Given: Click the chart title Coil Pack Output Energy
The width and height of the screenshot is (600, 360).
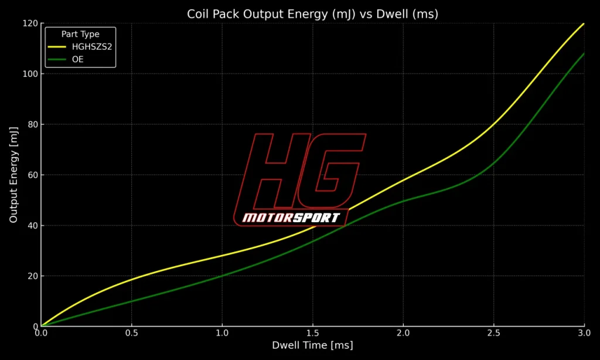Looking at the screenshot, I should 312,14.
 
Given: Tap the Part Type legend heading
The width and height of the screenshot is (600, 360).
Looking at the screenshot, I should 80,34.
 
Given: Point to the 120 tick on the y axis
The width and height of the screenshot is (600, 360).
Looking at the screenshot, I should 30,23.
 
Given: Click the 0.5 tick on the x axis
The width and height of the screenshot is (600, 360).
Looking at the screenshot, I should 131,332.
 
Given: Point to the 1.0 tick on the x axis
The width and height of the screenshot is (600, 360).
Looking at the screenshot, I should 222,332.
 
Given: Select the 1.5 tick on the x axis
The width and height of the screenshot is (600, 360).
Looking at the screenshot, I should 312,332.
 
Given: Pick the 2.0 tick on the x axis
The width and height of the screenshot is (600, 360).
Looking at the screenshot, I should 403,332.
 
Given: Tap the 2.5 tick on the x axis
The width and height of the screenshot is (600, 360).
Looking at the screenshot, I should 493,332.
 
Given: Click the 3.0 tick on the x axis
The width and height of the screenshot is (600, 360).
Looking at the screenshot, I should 584,332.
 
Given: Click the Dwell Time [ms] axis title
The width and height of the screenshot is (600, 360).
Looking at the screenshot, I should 312,346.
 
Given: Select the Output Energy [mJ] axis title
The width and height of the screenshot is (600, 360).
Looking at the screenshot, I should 13,175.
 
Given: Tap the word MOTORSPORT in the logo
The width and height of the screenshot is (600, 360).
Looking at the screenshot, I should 291,218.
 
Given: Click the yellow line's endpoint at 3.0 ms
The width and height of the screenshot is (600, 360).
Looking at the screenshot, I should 584,24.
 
